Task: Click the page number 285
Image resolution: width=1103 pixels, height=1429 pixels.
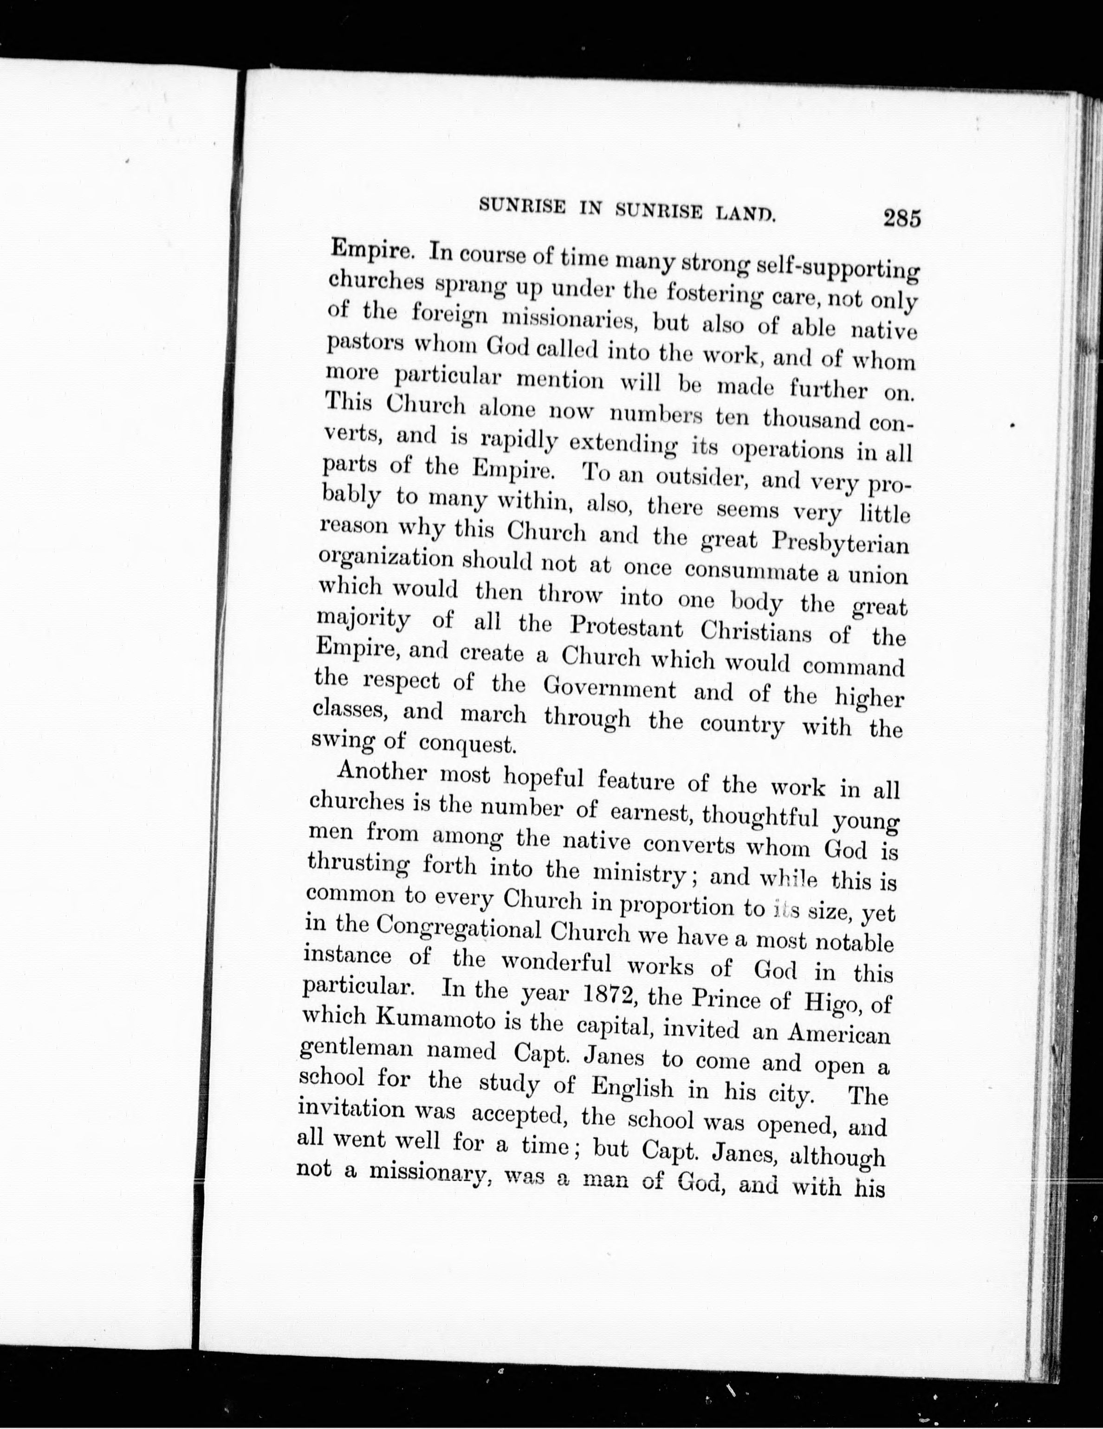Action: pyautogui.click(x=902, y=217)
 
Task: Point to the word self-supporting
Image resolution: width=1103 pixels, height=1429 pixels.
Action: pyautogui.click(x=837, y=268)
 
